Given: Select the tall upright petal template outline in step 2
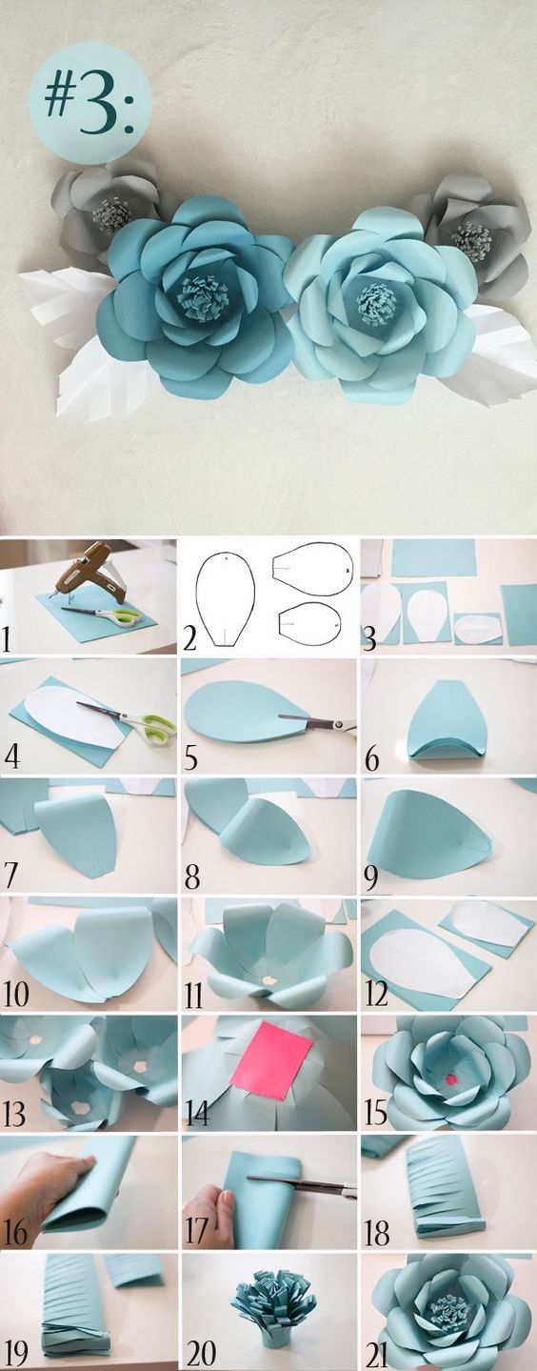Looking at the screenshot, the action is [x=226, y=599].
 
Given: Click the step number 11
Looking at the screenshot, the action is [x=193, y=996].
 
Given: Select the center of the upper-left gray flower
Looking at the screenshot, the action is [x=111, y=213].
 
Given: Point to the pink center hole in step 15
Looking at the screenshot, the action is [x=452, y=1079].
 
